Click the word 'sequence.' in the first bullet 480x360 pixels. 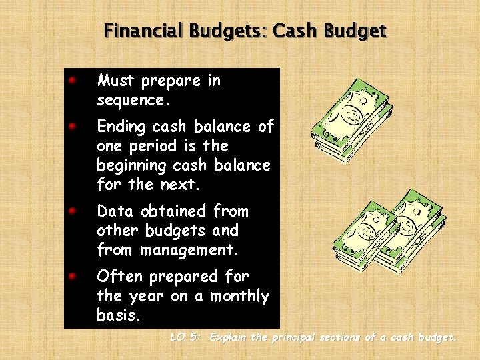(x=133, y=101)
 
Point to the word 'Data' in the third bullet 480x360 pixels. (x=113, y=211)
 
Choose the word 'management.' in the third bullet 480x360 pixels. (x=189, y=250)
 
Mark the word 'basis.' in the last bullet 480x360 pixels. (x=119, y=315)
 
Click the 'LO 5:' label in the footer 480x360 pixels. (x=185, y=337)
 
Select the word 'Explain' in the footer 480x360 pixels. (x=229, y=337)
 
